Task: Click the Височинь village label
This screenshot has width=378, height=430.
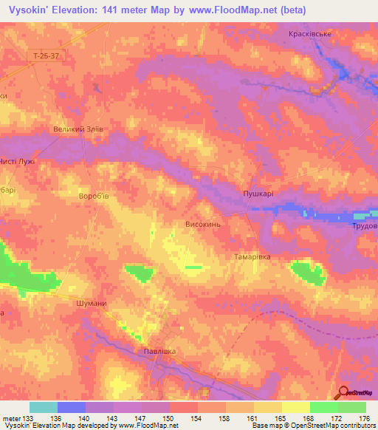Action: pos(202,222)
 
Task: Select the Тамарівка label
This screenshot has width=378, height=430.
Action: pos(252,256)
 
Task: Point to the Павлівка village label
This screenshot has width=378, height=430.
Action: pos(160,351)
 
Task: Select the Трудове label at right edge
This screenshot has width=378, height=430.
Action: pos(364,225)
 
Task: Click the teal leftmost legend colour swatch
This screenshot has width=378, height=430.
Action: pos(44,407)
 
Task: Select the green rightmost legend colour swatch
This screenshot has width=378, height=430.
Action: pos(351,407)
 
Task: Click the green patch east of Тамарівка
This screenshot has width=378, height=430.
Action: pos(308,273)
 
